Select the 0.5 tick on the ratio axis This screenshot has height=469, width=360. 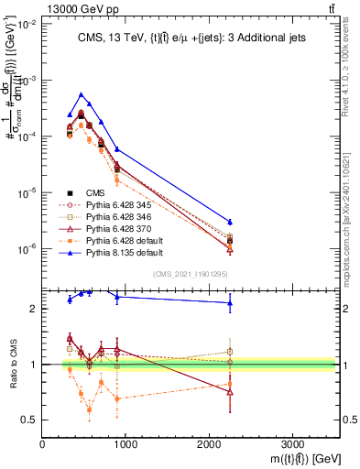click(32, 420)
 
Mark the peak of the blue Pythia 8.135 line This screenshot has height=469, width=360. click(82, 94)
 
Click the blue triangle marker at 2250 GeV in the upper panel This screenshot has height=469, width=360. click(230, 222)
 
